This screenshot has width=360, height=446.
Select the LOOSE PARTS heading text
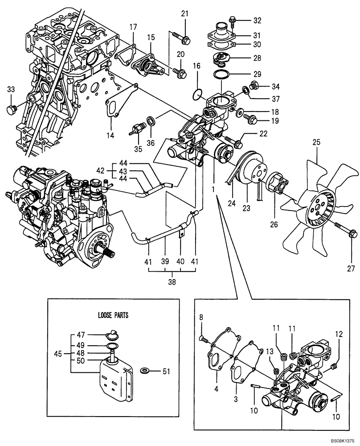pyautogui.click(x=113, y=315)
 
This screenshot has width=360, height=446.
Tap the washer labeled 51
pyautogui.click(x=145, y=370)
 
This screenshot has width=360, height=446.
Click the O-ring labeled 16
pyautogui.click(x=199, y=95)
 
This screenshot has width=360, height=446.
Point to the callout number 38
pyautogui.click(x=172, y=282)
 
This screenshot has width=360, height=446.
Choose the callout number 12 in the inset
pyautogui.click(x=340, y=334)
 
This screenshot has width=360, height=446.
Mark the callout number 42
pyautogui.click(x=101, y=169)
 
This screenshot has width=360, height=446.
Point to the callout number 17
pyautogui.click(x=132, y=27)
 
